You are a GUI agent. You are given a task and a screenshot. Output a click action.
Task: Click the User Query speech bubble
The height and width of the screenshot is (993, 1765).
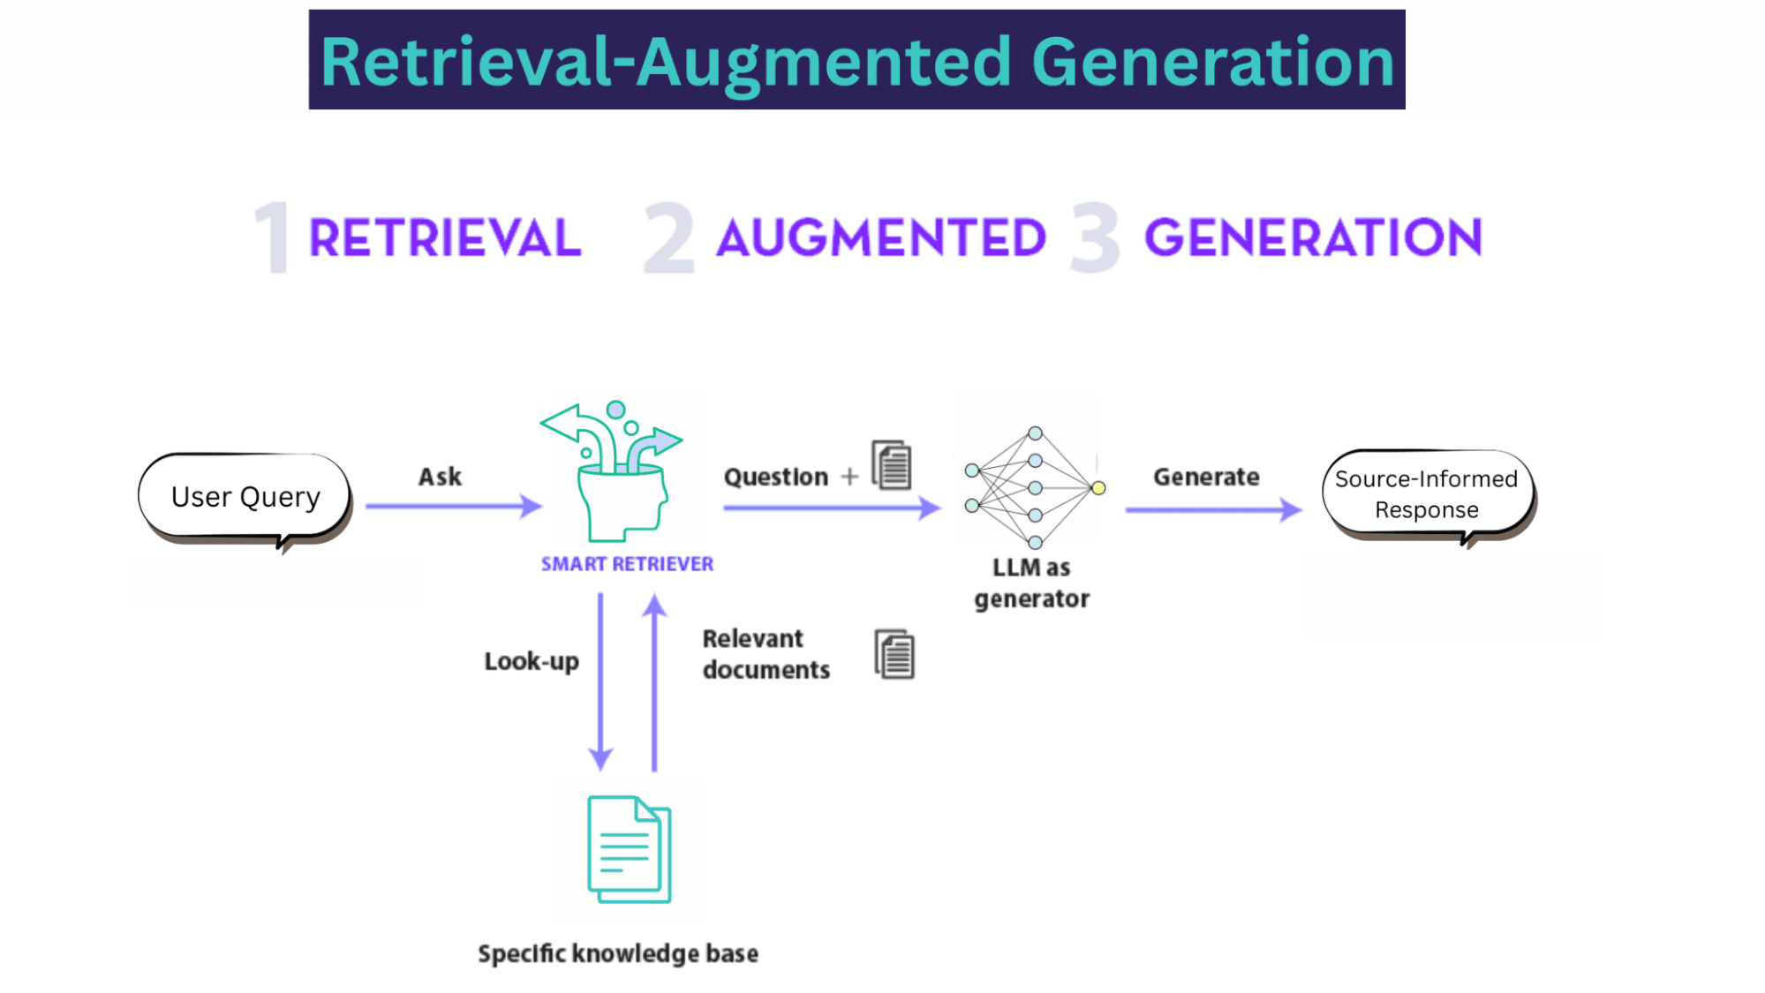point(245,497)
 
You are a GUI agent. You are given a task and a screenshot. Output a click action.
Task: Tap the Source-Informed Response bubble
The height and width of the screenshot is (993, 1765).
point(1426,494)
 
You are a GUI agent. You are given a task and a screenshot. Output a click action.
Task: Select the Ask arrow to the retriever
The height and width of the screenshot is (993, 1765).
point(453,506)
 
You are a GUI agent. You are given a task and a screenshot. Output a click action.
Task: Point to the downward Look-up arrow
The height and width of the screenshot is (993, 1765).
point(600,680)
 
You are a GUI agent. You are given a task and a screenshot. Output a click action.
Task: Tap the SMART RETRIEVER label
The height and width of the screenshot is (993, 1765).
point(627,564)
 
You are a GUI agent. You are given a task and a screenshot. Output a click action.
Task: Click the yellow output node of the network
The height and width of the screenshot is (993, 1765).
point(1098,488)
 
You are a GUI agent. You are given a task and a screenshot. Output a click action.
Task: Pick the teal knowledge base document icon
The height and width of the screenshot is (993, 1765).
point(630,849)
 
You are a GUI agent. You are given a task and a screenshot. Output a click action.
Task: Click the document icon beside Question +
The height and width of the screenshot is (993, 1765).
point(892,464)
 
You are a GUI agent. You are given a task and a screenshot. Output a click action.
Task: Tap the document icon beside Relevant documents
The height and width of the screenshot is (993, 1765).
point(894,654)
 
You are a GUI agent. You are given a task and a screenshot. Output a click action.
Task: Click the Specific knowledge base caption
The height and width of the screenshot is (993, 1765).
point(618,953)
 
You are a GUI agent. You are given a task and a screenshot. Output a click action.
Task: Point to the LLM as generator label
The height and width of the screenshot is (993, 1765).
point(1031,583)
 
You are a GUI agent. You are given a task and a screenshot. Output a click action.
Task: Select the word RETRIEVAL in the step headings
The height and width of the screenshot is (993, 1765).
point(445,238)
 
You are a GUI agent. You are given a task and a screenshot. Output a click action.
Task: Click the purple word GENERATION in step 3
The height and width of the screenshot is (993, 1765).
point(1313,237)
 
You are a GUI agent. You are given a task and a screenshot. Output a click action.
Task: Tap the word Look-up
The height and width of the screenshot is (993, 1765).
point(532,661)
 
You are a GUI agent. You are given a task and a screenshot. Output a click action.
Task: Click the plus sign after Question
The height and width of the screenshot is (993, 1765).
point(849,477)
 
